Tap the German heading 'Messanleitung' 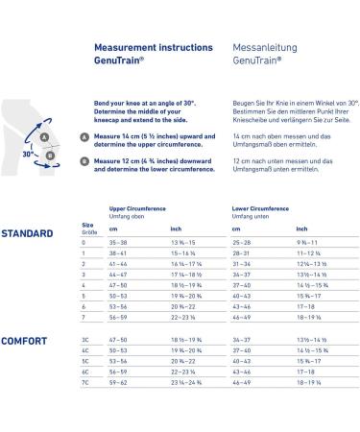(x=257, y=45)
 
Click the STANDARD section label (x=27, y=233)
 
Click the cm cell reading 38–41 (x=120, y=253)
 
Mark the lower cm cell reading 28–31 (x=242, y=253)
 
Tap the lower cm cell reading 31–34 (x=242, y=264)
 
